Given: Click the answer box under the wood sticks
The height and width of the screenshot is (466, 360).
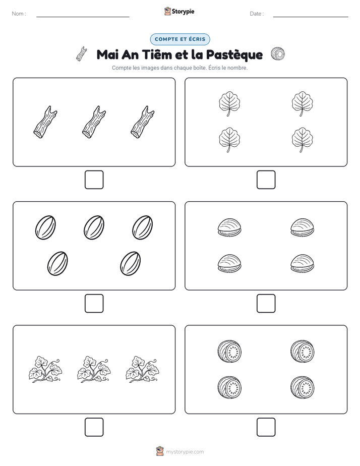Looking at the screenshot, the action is point(94,180).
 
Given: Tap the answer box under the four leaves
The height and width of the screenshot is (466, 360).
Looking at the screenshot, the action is point(266,180).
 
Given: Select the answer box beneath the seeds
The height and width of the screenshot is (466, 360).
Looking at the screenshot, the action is point(94,303).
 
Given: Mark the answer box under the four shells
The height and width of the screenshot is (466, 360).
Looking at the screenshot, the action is point(266,303).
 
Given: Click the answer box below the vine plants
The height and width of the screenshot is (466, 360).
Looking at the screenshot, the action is point(94,427).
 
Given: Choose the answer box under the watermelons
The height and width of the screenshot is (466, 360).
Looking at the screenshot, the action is point(266,427).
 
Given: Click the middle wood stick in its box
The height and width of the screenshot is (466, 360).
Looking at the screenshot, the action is point(94,122).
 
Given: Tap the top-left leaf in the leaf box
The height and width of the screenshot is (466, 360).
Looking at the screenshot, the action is point(229,103).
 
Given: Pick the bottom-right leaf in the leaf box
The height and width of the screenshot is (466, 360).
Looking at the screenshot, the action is point(302,140).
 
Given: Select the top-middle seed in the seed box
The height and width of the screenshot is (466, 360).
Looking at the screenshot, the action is point(94,227).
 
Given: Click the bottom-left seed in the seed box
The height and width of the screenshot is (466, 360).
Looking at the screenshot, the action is point(57,263).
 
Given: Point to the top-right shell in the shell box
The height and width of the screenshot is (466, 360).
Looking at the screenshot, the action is point(302,227).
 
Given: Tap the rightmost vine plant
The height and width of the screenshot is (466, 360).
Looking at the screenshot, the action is point(142,369).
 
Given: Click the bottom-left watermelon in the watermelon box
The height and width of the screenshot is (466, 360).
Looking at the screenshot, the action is point(229,387).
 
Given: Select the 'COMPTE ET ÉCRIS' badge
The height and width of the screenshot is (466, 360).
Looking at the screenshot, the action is point(180,39).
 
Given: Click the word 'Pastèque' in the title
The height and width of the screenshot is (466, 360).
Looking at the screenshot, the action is point(234,54).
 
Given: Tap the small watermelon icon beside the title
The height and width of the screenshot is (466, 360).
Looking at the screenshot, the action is point(278,54).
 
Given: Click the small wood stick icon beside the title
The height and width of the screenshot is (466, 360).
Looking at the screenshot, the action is point(82,54).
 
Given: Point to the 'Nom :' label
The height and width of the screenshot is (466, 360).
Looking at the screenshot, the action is point(19,14).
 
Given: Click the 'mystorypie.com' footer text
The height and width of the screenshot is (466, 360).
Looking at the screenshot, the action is point(185,452).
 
